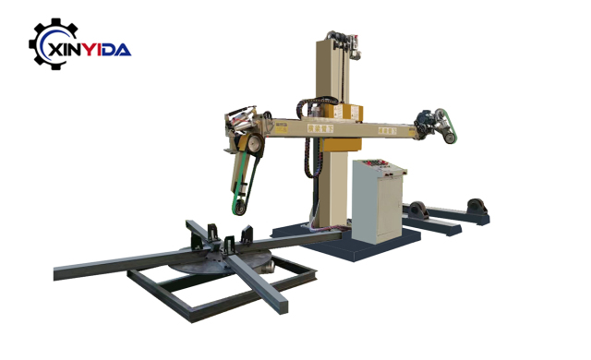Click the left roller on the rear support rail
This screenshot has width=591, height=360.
pyautogui.click(x=417, y=206)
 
